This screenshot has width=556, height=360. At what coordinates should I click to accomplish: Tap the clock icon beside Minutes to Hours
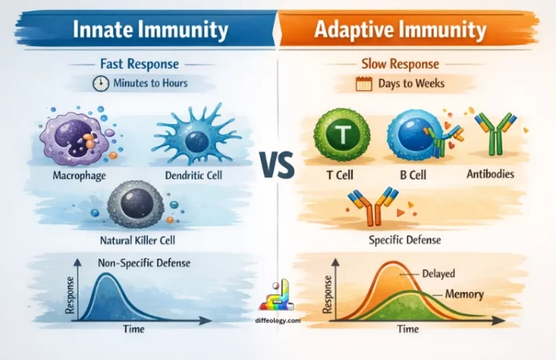click(101, 81)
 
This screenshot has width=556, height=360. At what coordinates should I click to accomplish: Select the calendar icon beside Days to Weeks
click(364, 81)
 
